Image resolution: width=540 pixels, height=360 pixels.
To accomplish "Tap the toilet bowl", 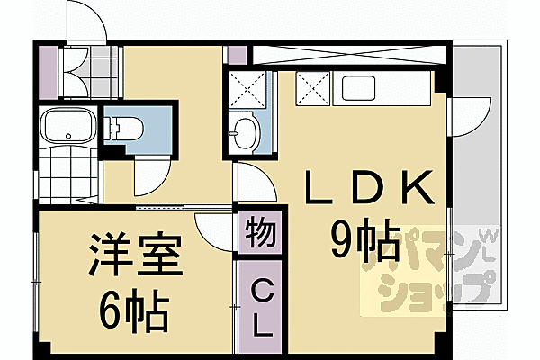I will tap(123, 127).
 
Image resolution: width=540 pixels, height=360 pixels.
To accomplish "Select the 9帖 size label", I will tap(365, 241).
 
